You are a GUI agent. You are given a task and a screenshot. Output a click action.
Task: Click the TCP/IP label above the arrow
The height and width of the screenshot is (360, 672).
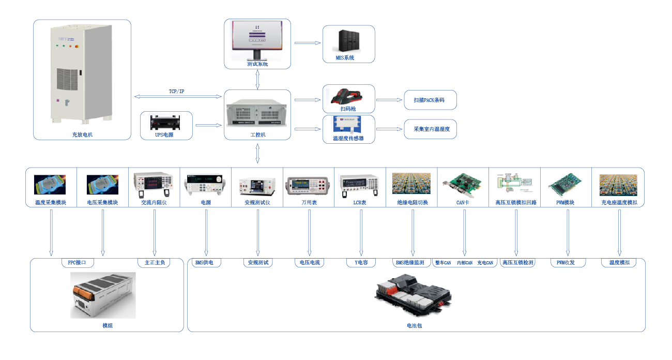point(176,92)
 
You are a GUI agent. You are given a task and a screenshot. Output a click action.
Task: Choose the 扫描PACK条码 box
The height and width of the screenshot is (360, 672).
point(430,100)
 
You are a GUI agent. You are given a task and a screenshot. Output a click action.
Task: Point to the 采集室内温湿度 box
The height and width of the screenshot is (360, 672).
point(430,129)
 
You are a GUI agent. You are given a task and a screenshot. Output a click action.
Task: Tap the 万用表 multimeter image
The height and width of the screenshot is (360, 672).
point(309,184)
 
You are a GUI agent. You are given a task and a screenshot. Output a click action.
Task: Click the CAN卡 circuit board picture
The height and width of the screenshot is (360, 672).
point(463,184)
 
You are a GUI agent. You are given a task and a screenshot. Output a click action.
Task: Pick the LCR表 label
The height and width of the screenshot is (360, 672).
point(360,202)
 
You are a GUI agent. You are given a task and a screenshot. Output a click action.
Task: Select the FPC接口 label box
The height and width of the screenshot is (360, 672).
point(77,263)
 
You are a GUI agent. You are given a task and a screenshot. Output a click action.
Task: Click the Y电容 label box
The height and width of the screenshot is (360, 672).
point(361,263)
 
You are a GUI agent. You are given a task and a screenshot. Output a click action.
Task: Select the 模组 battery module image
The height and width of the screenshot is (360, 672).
point(103,295)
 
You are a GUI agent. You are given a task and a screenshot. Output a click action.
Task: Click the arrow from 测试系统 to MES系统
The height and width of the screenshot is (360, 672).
point(307,43)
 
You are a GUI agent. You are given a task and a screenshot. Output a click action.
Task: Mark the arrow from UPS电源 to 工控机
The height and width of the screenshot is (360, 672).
point(208,125)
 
